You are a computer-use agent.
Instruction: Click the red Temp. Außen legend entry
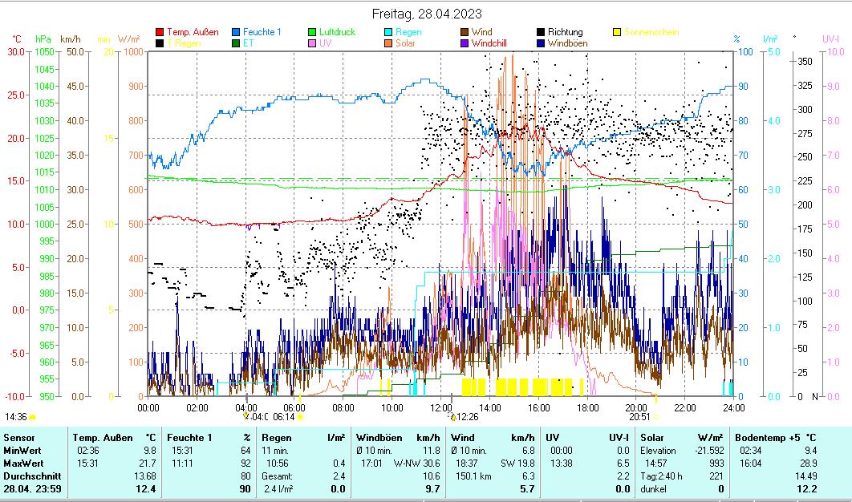[192, 32]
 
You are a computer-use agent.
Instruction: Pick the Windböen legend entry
[571, 43]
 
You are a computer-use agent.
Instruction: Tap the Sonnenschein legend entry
[651, 32]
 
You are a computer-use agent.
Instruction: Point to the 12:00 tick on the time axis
[440, 407]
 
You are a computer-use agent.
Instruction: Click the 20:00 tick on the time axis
[635, 407]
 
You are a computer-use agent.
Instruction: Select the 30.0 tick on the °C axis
[15, 51]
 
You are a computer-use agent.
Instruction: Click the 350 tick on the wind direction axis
[806, 61]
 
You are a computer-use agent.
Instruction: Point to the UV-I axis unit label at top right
[830, 38]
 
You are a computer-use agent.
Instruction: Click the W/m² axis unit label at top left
[128, 38]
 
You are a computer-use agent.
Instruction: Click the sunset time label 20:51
[639, 417]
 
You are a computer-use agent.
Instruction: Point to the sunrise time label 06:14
[284, 417]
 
